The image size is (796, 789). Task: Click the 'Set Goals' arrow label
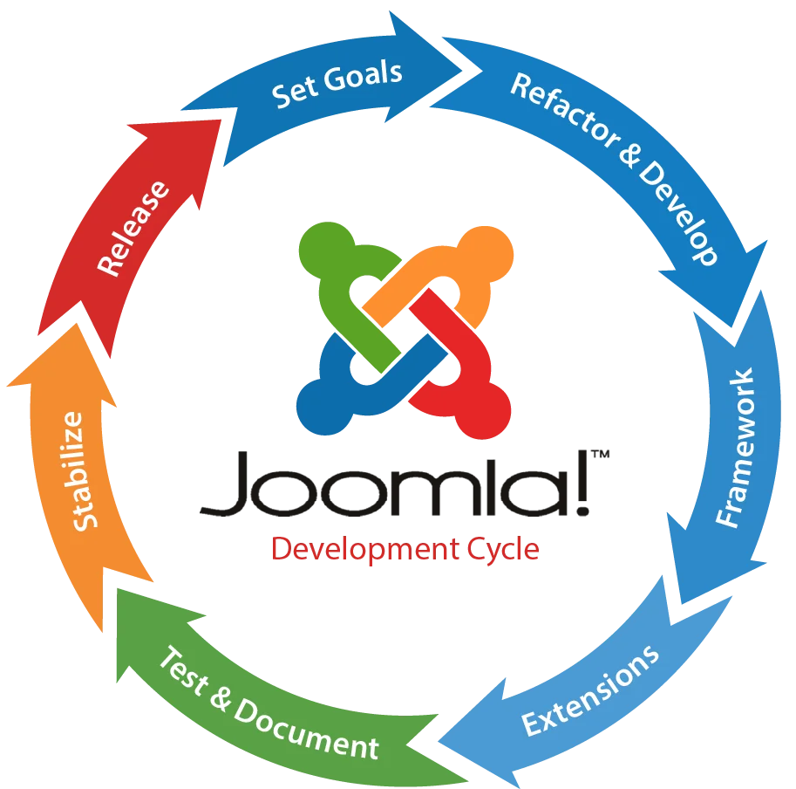[337, 85]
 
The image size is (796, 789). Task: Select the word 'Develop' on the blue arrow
[677, 209]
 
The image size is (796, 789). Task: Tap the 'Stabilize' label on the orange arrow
[91, 470]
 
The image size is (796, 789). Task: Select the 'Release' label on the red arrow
[133, 228]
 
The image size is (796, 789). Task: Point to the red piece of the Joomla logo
[462, 384]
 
